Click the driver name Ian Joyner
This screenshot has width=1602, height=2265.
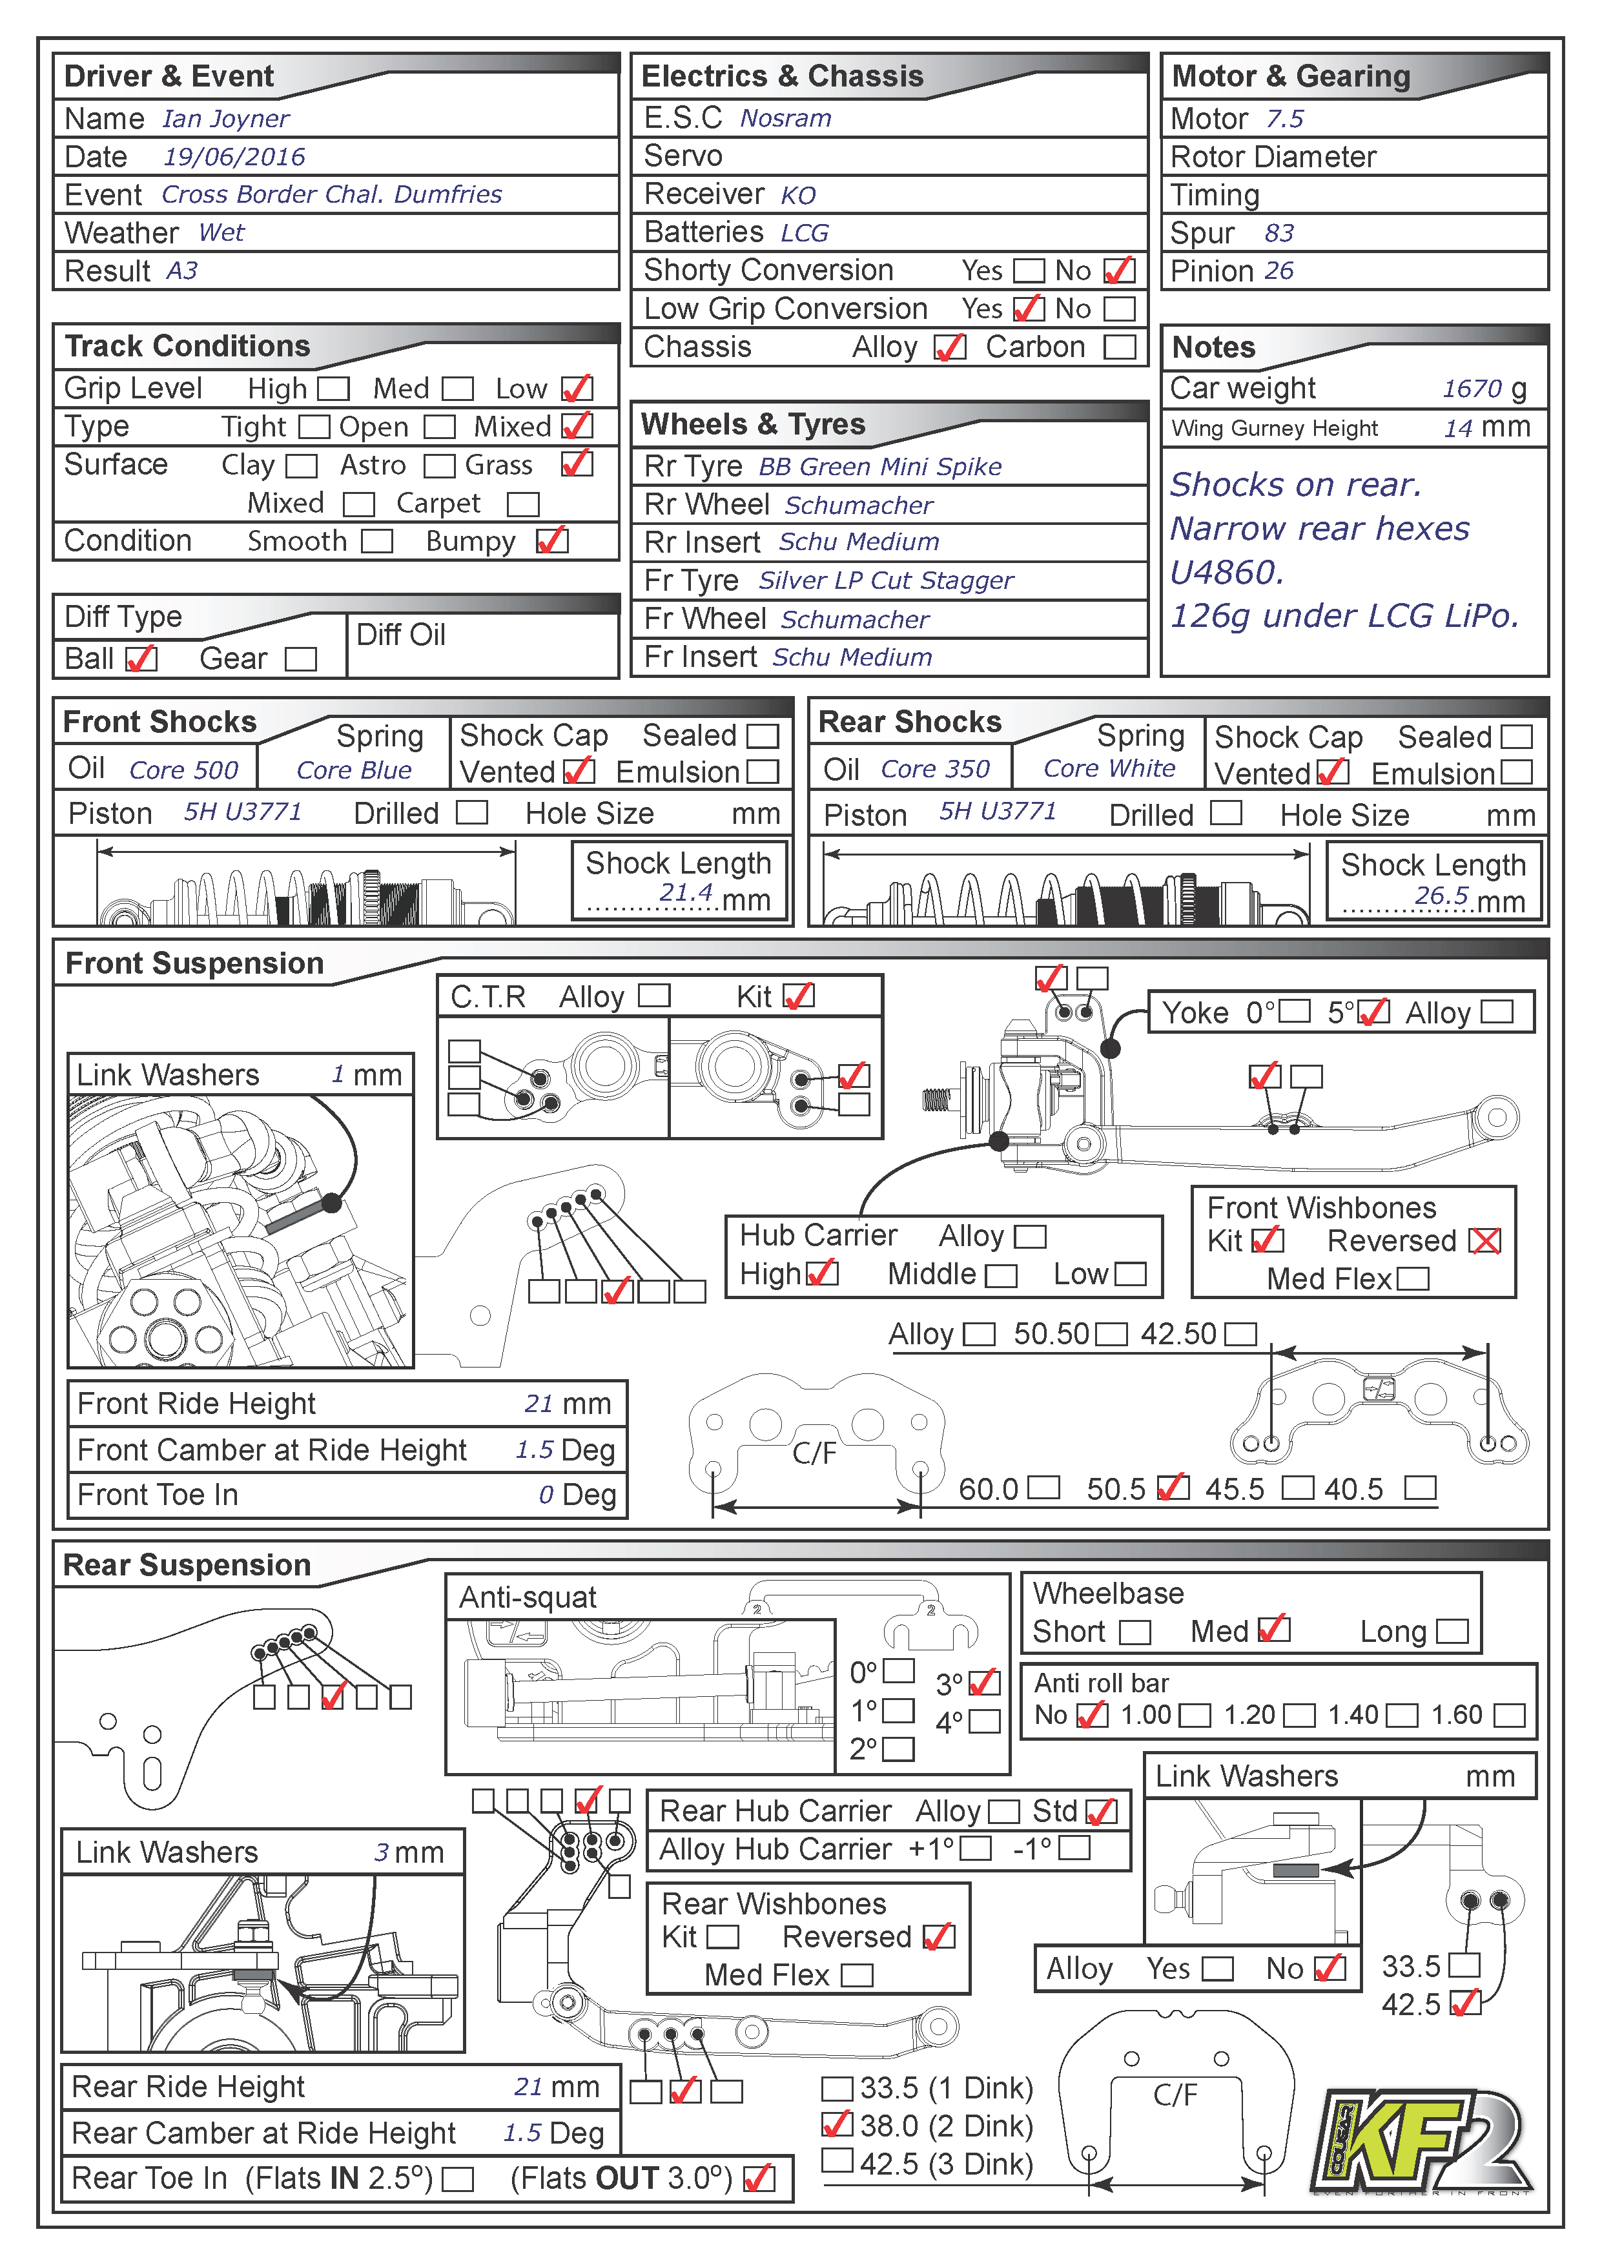click(x=226, y=119)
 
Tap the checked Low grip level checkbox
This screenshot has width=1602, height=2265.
click(x=577, y=389)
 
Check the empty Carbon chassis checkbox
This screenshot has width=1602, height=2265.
click(x=1120, y=347)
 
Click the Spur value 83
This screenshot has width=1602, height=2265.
click(x=1279, y=233)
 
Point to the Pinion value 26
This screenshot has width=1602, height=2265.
click(x=1279, y=271)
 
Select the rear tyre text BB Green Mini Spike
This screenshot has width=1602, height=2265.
click(x=880, y=467)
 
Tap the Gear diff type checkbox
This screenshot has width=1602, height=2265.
click(x=301, y=659)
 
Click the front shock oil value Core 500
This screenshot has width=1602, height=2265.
click(x=185, y=770)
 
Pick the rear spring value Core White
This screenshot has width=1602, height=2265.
click(x=1110, y=768)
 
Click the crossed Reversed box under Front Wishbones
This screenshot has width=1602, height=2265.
click(x=1484, y=1241)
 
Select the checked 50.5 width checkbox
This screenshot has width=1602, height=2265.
click(x=1172, y=1488)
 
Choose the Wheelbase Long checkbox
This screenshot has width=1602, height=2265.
click(x=1452, y=1632)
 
